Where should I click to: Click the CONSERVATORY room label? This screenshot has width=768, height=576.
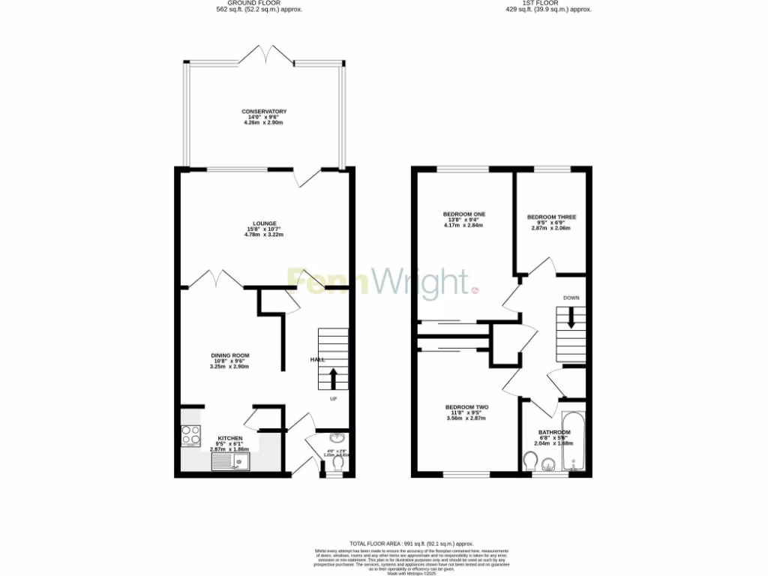264,112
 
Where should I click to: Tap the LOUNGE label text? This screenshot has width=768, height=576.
264,223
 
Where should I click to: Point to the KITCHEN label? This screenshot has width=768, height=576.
229,437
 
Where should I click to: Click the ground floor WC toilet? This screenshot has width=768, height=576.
337,466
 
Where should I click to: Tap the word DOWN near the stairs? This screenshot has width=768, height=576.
571,298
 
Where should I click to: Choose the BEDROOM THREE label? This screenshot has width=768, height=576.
551,217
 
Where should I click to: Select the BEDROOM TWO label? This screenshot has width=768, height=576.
466,407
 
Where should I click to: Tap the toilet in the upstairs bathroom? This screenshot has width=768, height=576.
530,464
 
